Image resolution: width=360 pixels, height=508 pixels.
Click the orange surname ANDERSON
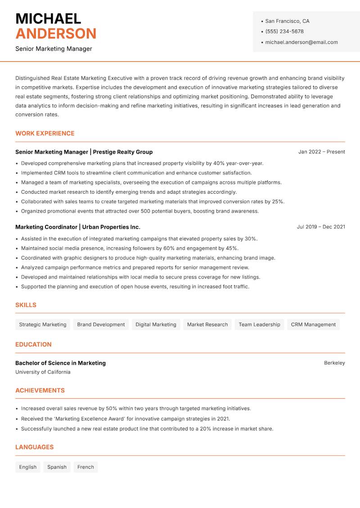56,34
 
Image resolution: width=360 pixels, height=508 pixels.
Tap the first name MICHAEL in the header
48,18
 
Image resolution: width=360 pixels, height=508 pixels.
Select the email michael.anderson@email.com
301,42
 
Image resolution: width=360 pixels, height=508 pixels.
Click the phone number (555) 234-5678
284,31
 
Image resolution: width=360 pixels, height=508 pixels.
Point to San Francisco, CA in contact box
287,21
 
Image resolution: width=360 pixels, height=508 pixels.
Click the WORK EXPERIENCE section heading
45,134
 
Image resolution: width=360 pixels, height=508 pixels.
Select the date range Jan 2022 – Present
321,152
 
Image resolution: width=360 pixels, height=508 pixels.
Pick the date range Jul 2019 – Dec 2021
320,227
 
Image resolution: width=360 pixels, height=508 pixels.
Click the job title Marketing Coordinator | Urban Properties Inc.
78,227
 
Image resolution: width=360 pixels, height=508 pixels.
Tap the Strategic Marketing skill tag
43,325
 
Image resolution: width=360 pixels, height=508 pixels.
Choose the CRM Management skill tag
313,325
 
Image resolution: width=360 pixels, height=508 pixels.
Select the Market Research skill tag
207,325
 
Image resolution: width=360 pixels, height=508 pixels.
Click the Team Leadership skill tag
259,325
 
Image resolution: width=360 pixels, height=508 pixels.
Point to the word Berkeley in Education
334,363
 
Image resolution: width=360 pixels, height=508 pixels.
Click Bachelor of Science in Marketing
60,363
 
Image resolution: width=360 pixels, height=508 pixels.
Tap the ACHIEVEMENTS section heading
40,391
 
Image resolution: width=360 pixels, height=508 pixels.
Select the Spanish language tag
57,467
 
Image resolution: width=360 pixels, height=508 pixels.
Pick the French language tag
85,467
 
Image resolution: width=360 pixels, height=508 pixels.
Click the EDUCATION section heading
33,344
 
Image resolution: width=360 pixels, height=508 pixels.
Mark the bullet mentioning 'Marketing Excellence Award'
126,419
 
